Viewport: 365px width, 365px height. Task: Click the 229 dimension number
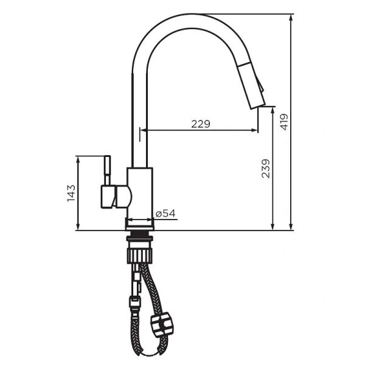coord(200,124)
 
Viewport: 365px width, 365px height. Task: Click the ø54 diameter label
coord(165,214)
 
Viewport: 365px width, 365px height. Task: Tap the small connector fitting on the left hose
coord(133,300)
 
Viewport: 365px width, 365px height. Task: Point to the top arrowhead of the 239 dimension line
coord(273,109)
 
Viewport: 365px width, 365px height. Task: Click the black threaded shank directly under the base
coord(140,234)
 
